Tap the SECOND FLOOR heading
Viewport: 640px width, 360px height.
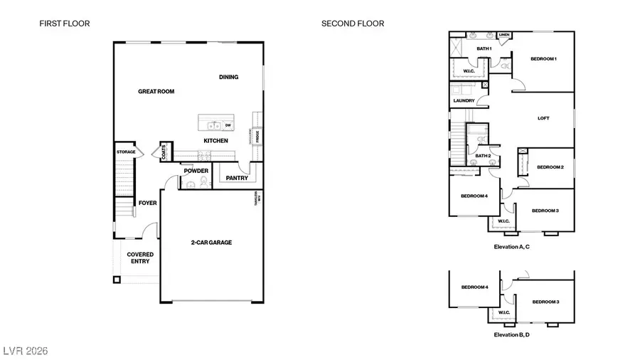(353, 23)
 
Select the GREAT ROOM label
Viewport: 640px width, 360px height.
(156, 91)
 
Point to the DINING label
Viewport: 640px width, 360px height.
(228, 77)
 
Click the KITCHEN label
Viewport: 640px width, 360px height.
(216, 141)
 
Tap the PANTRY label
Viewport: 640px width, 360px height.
(236, 177)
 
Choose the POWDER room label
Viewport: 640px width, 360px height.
(196, 171)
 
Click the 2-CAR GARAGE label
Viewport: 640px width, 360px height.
(210, 243)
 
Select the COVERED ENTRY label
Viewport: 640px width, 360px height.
(140, 258)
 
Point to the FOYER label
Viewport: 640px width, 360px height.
(147, 203)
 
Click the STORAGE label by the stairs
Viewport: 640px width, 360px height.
(126, 152)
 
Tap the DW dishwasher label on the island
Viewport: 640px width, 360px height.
(228, 126)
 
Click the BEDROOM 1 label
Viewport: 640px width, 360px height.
(543, 59)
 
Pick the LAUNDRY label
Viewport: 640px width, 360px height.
(464, 101)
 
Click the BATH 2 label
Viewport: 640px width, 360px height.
(484, 155)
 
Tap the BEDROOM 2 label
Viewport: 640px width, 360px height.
(550, 167)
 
